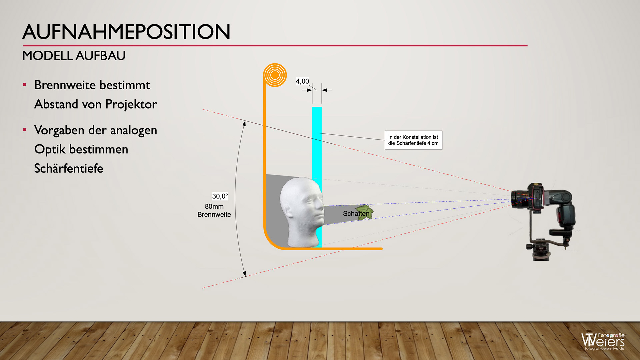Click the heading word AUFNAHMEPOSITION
[126, 32]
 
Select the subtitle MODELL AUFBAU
[74, 56]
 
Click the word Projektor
[131, 104]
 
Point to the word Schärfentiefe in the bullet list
[69, 168]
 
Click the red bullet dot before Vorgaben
[25, 130]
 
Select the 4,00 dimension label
[302, 81]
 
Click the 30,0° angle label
[220, 196]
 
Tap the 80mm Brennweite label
[214, 211]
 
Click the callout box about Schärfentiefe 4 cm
[413, 140]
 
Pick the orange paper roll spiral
[275, 75]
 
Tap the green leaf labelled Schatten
[365, 213]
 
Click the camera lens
[519, 199]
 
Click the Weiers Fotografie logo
[603, 341]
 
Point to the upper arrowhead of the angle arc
[244, 123]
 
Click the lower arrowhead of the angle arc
[244, 274]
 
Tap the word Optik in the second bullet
[50, 149]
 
